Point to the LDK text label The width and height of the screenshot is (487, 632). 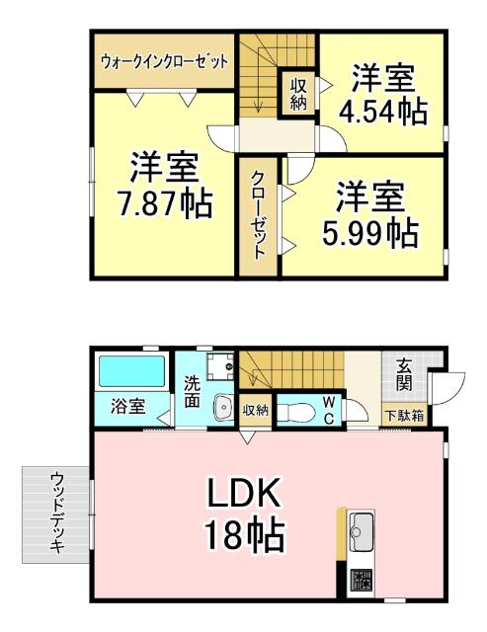[x=245, y=491]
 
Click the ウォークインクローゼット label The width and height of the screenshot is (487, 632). [x=165, y=60]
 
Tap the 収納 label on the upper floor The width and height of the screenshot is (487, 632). [x=297, y=94]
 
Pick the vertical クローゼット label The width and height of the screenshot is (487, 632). [x=257, y=214]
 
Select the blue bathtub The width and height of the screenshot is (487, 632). [x=130, y=372]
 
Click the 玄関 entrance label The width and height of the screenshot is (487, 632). [x=405, y=376]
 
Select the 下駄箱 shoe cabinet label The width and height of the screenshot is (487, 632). [x=403, y=416]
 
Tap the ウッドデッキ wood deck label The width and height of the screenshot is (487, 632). [x=56, y=512]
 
